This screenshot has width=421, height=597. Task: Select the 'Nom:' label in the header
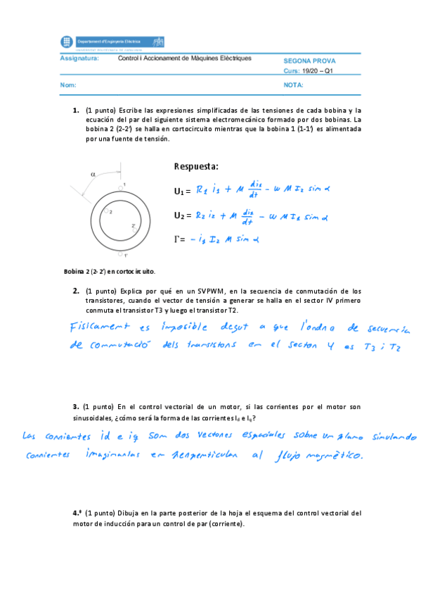tap(68, 85)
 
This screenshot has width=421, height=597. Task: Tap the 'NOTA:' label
tap(293, 85)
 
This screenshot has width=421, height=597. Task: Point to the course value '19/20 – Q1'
tap(318, 71)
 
